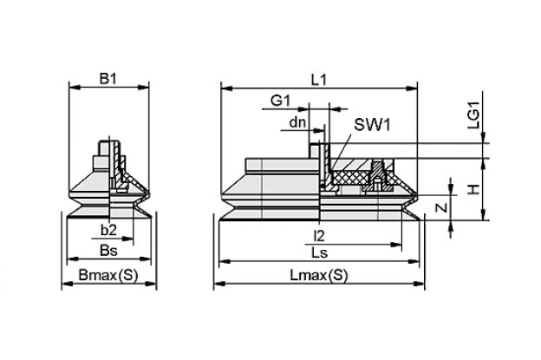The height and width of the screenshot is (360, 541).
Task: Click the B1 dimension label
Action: click(108, 79)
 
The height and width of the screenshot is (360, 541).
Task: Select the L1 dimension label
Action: click(318, 80)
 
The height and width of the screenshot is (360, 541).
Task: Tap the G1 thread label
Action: click(281, 101)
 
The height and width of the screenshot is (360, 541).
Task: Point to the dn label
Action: click(297, 121)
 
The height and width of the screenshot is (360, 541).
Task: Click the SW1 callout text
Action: click(373, 125)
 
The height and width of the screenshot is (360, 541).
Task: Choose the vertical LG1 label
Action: click(473, 115)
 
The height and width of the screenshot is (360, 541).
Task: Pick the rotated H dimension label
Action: click(475, 189)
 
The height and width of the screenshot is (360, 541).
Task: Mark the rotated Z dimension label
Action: click(441, 207)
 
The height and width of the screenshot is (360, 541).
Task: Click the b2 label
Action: click(108, 230)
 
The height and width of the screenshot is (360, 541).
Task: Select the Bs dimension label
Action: click(108, 251)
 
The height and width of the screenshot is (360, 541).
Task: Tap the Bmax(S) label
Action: click(108, 275)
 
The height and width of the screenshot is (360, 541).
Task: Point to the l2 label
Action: click(319, 236)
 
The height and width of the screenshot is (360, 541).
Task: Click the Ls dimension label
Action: click(319, 253)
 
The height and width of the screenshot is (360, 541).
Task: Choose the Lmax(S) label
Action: click(319, 275)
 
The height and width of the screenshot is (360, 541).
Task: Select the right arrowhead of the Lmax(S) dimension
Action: click(420, 284)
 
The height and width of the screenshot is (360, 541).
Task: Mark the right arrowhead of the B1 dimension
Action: click(144, 87)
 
